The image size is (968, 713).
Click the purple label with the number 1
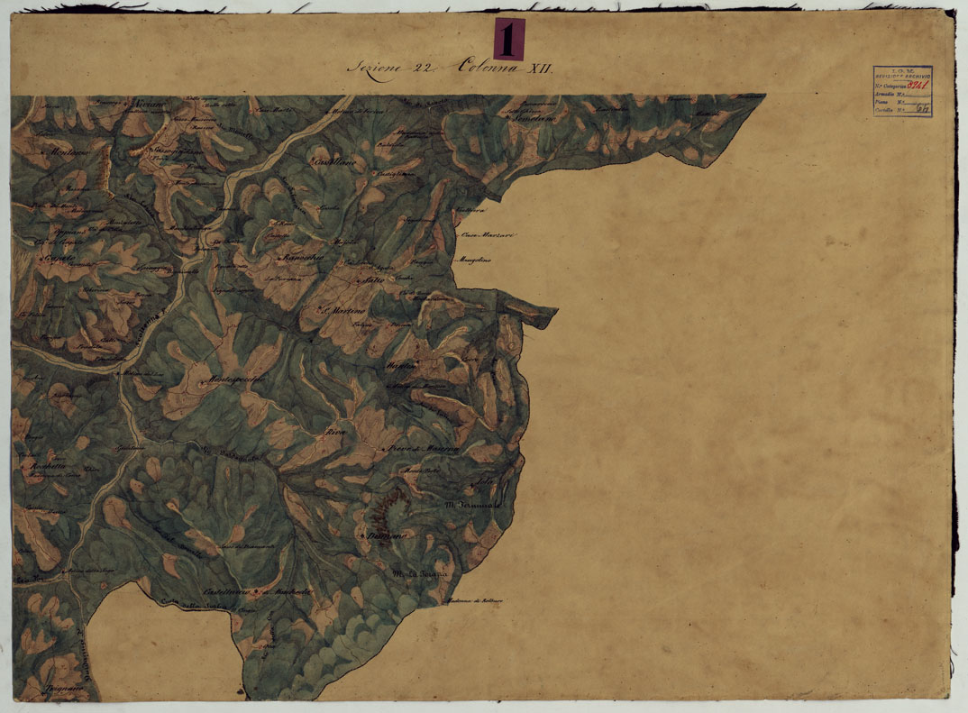pos(509,39)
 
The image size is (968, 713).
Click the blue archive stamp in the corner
pos(901,91)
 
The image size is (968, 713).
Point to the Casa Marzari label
pos(487,236)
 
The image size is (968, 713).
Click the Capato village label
pos(54,259)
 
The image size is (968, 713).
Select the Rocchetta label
pos(42,465)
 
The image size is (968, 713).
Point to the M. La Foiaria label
pos(415,574)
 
